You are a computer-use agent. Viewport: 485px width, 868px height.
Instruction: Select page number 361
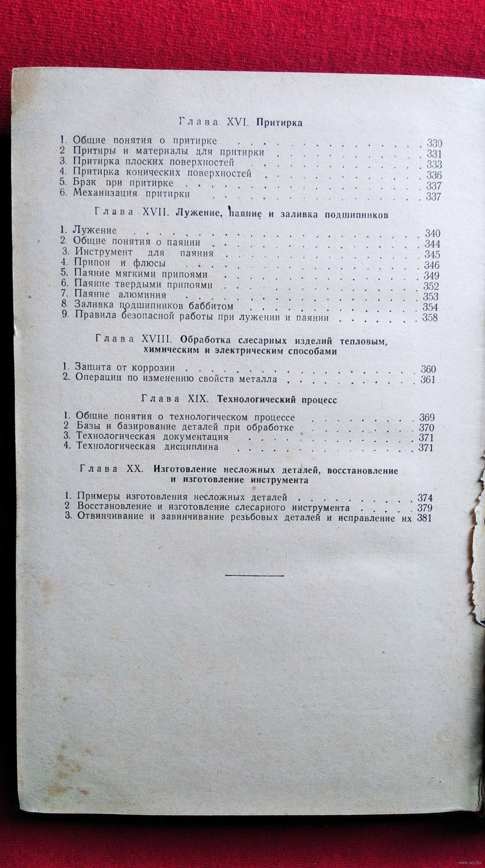[x=428, y=379]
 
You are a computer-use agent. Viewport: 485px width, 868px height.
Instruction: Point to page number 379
[x=424, y=508]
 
